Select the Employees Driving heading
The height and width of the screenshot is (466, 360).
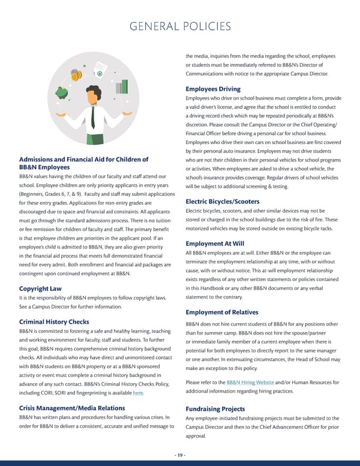click(x=214, y=89)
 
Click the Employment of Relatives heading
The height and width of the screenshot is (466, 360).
click(x=222, y=312)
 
